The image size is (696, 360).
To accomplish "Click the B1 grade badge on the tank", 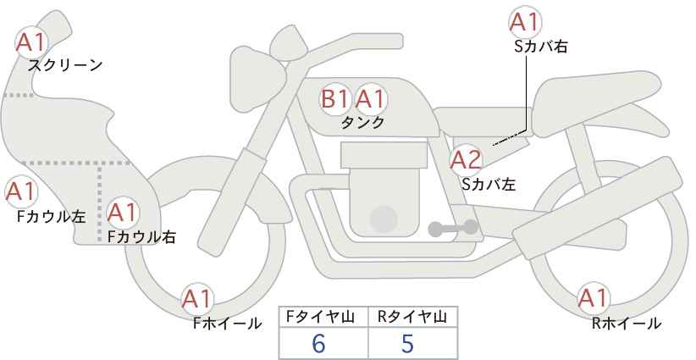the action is click(x=334, y=98).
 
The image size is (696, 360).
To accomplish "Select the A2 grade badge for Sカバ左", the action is click(x=466, y=160).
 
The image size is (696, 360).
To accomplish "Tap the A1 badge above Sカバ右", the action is click(x=525, y=22).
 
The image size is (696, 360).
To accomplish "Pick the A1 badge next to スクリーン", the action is click(x=31, y=42).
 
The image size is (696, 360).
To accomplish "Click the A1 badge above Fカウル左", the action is click(x=21, y=192).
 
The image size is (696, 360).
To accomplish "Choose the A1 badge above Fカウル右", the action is click(x=123, y=213).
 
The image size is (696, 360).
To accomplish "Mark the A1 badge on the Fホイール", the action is click(x=197, y=299).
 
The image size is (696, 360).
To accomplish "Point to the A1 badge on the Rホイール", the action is click(x=593, y=298).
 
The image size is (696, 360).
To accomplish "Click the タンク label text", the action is click(x=362, y=123).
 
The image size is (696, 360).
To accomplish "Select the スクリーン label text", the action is click(x=65, y=66).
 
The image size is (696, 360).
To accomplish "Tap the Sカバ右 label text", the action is click(x=541, y=47).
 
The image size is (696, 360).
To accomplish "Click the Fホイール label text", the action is click(x=227, y=324).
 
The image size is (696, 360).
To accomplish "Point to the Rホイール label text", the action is click(x=627, y=324).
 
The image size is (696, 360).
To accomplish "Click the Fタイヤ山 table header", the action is click(x=320, y=317).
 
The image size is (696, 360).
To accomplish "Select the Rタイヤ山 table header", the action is click(x=412, y=317).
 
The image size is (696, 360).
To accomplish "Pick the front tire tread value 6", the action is click(x=318, y=343).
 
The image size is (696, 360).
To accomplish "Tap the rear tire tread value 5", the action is click(x=407, y=343).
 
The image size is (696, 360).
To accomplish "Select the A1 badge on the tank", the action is click(x=371, y=98).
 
